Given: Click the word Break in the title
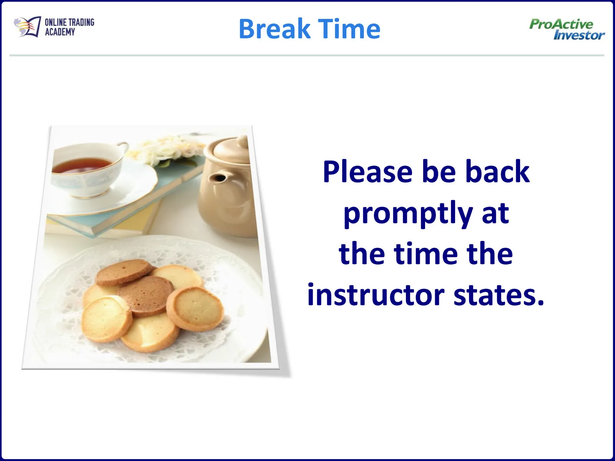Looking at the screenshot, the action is [274, 28].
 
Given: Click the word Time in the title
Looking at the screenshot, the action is [349, 28].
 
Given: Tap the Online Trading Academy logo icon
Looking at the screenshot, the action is [27, 27].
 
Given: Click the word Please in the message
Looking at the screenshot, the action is [367, 171].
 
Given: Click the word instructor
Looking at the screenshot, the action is [376, 295].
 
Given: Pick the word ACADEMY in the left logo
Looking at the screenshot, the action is [60, 32].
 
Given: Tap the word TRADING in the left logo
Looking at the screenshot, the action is [81, 22].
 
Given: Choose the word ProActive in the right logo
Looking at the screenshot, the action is [561, 24].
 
